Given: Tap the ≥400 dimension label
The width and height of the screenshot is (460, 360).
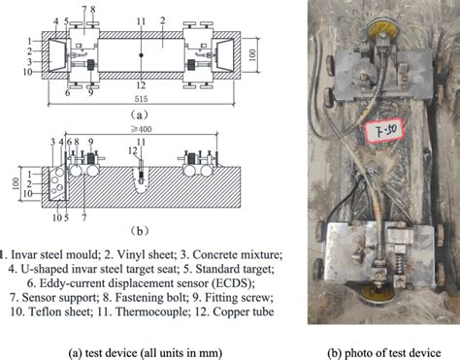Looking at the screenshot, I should tap(142, 130).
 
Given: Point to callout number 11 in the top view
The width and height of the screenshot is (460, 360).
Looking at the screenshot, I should tap(142, 19).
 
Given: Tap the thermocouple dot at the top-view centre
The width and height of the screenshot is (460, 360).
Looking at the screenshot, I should tap(142, 57).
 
